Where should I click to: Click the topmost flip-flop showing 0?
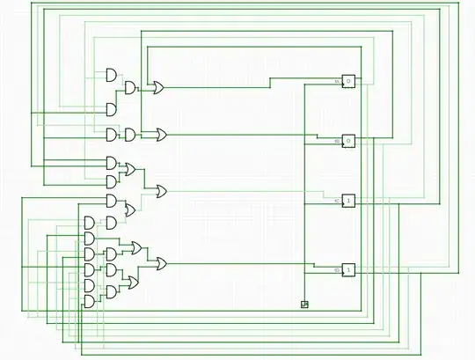348,81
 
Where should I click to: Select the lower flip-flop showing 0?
348,141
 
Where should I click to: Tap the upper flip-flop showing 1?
348,201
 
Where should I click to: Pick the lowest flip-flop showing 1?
348,269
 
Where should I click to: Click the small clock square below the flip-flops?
304,305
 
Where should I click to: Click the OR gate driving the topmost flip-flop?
157,87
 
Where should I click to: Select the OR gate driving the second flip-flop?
161,135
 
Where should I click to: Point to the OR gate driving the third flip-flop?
162,190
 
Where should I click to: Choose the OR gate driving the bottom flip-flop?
161,263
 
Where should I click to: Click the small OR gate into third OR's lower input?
130,209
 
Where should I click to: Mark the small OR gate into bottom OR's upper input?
135,247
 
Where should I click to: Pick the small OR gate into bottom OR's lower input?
132,283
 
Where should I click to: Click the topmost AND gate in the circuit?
112,75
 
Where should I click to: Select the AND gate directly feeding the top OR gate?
130,87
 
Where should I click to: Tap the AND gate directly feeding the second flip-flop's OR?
130,135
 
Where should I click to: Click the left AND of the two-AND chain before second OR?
112,135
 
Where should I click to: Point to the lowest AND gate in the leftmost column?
89,301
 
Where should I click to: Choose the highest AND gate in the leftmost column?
89,222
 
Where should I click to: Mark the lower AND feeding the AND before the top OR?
112,109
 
